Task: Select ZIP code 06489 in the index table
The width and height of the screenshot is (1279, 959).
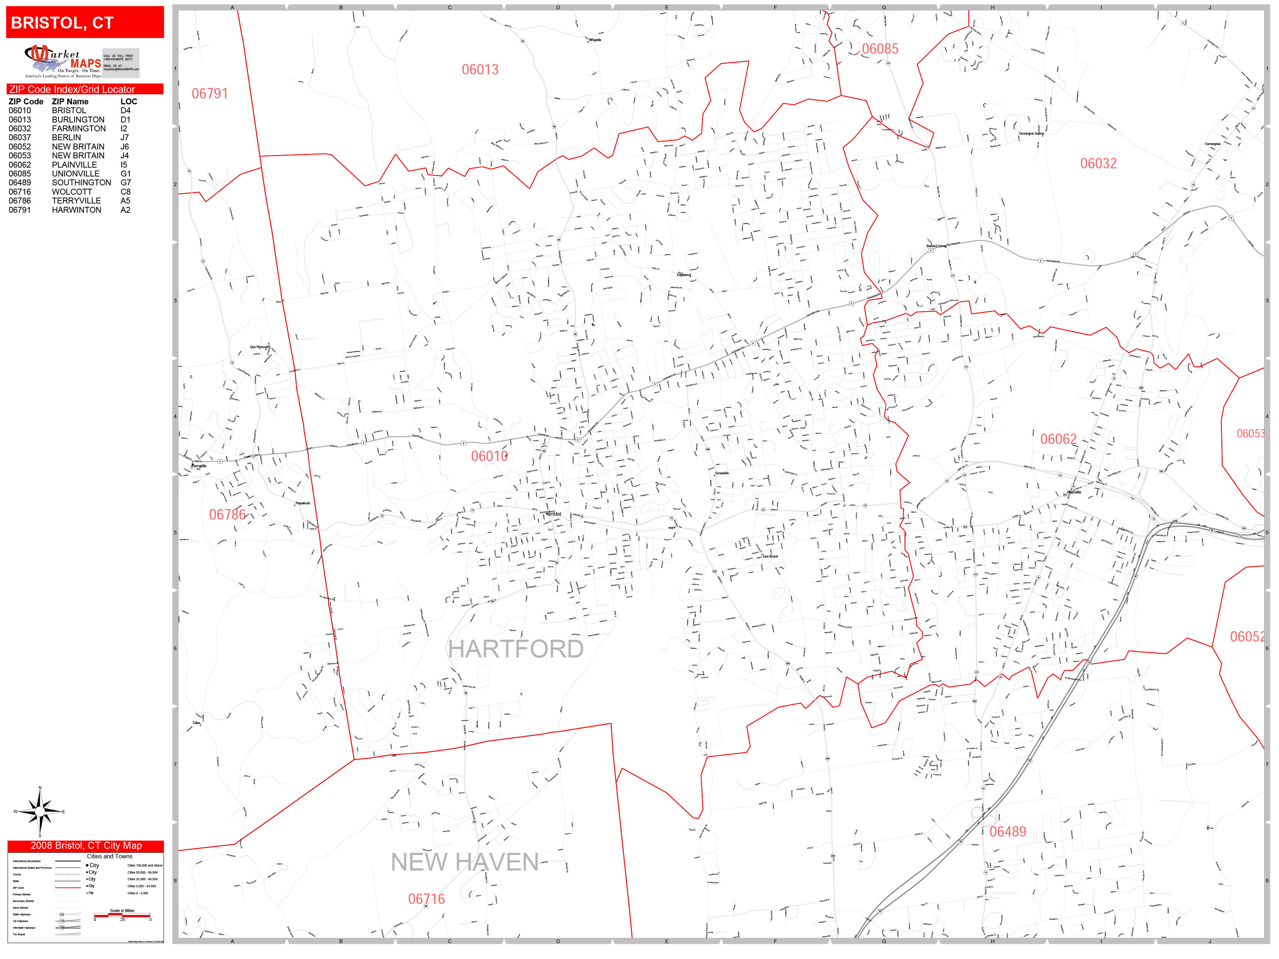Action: (20, 183)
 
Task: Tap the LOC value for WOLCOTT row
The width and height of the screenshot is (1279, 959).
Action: (125, 192)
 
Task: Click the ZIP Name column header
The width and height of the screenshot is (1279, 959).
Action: (70, 102)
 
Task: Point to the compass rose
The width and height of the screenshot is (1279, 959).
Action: (39, 812)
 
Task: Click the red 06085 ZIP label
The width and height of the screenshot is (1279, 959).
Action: (880, 49)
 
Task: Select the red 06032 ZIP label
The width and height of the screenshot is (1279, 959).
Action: (1098, 164)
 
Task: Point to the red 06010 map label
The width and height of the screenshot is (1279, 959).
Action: (489, 456)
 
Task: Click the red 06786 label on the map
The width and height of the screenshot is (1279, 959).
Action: (227, 515)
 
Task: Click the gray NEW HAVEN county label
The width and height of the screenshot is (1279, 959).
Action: (464, 862)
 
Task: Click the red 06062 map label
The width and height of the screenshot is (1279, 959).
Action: (1058, 439)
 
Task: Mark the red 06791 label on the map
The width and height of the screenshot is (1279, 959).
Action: (209, 94)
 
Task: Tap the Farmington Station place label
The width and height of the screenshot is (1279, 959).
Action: (1031, 134)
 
